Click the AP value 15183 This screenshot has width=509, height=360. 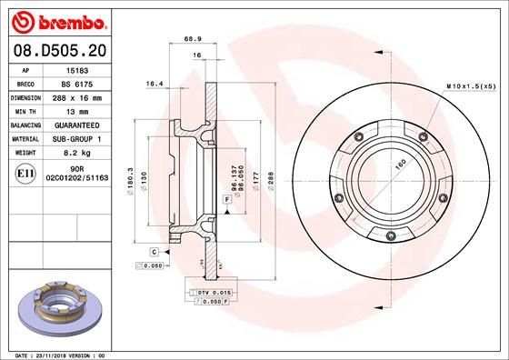(77, 69)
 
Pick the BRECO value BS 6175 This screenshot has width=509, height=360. (77, 82)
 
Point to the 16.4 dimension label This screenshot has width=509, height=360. (154, 84)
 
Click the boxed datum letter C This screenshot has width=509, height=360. (155, 250)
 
